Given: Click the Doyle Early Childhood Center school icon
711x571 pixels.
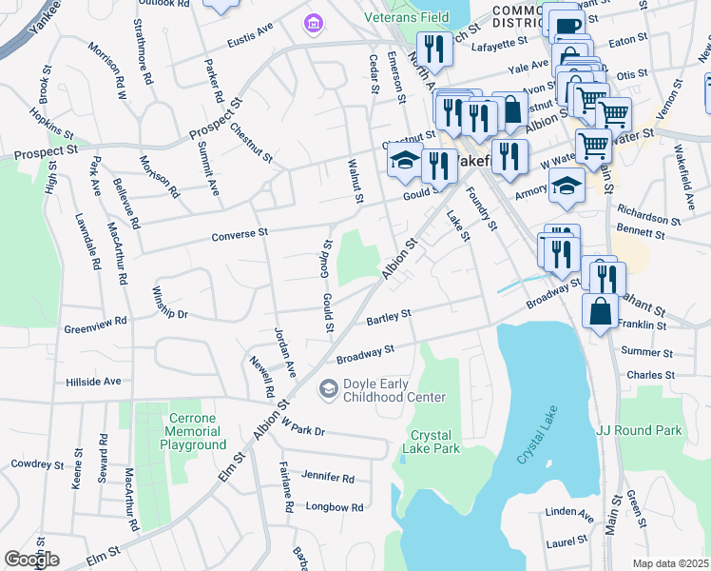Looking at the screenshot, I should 328,387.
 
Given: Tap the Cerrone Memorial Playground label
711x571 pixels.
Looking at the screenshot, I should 192,431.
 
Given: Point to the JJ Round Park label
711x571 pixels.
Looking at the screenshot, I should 639,431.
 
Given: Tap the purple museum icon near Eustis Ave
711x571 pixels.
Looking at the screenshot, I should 310,21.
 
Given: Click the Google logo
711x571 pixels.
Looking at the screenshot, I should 31,560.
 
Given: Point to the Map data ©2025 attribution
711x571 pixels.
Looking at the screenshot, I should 670,563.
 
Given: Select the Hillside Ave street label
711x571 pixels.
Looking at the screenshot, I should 93,381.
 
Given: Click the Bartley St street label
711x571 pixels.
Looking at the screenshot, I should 388,314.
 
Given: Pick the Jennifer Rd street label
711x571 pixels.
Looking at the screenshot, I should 327,477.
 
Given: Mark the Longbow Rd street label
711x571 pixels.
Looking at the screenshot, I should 335,507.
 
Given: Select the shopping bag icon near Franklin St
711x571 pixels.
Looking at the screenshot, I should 601,312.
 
